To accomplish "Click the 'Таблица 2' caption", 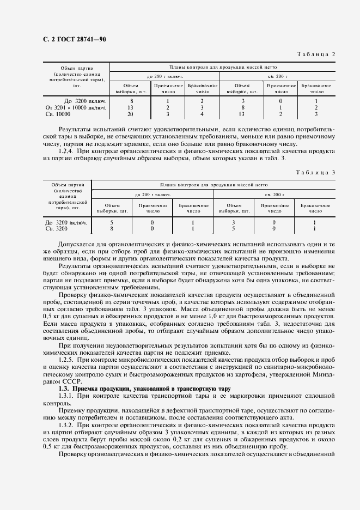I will point(316,53).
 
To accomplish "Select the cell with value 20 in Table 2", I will point(131,114).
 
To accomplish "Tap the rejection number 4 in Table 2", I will point(202,114).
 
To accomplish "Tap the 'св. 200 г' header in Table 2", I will point(281,76).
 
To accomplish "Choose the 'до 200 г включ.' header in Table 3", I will point(152,195).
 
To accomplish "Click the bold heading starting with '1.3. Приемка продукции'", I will point(145,388).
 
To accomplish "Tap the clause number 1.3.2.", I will point(68,423).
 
